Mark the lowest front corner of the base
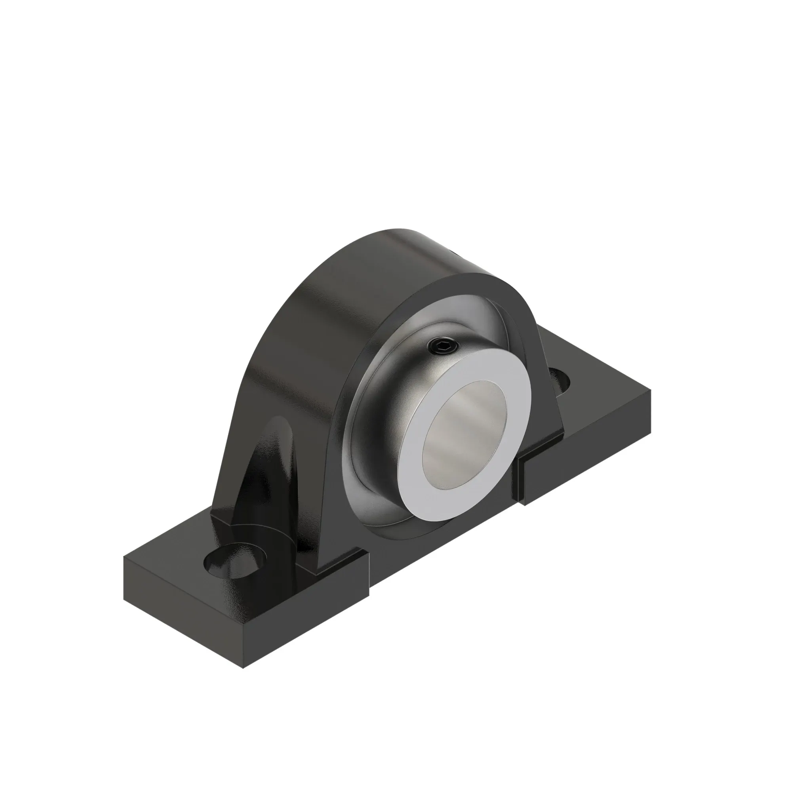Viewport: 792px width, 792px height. click(x=244, y=667)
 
